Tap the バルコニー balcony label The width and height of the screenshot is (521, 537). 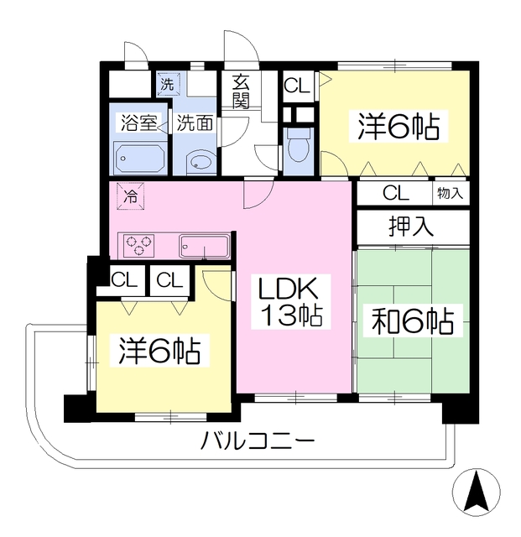[257, 441]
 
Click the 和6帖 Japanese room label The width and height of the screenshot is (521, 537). [408, 321]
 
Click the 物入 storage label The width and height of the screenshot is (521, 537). [450, 193]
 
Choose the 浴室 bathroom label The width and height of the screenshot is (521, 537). [138, 123]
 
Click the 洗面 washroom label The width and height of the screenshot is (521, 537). [194, 123]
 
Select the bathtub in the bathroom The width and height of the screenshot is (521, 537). [139, 157]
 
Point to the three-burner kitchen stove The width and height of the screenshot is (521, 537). [139, 246]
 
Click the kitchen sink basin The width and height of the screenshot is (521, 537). [204, 247]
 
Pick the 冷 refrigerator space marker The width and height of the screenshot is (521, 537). [130, 197]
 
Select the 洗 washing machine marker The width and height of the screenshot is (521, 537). [166, 83]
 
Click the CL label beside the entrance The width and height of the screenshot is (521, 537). [295, 85]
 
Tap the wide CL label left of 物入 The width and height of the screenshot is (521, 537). [396, 193]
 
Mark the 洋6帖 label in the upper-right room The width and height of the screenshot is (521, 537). [399, 128]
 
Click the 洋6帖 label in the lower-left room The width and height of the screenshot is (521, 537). [159, 351]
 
